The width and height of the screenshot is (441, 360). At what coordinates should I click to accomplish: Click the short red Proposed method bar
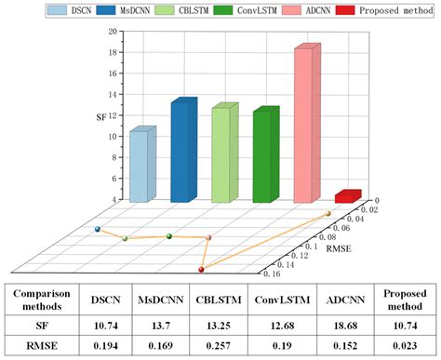(x=347, y=196)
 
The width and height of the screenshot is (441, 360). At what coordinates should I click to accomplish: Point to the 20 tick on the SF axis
(x=112, y=31)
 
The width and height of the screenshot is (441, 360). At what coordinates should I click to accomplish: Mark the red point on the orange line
(x=202, y=270)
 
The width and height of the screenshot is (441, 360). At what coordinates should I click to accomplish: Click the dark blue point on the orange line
(x=97, y=229)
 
